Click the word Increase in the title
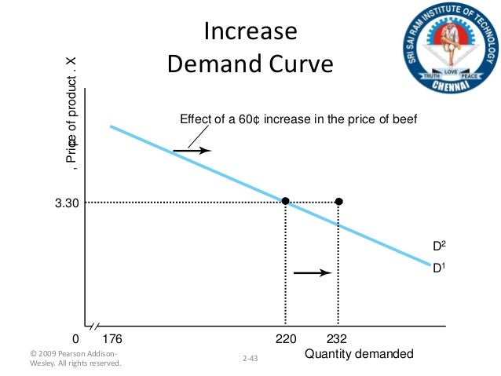pyautogui.click(x=251, y=32)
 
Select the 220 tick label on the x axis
pyautogui.click(x=285, y=341)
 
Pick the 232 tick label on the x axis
pyautogui.click(x=338, y=341)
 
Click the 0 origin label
pyautogui.click(x=75, y=341)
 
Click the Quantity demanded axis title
pyautogui.click(x=358, y=355)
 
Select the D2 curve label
pyautogui.click(x=440, y=246)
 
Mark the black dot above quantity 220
pyautogui.click(x=285, y=202)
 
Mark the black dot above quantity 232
pyautogui.click(x=338, y=202)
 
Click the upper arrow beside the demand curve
pyautogui.click(x=192, y=150)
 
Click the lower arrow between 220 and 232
pyautogui.click(x=312, y=273)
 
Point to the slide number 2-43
pyautogui.click(x=251, y=358)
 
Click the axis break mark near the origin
pyautogui.click(x=93, y=326)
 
